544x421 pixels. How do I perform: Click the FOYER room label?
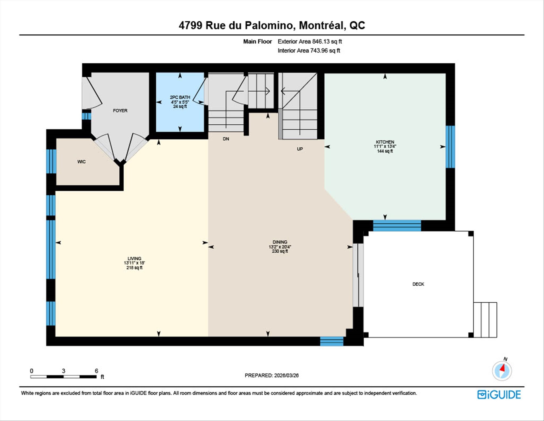[x=120, y=110]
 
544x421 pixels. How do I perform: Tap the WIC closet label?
[x=81, y=162]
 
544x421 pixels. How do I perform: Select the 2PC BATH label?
[x=180, y=97]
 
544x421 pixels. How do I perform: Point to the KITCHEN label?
[x=385, y=142]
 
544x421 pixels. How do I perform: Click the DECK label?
[x=418, y=284]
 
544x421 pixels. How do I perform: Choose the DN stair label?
[x=226, y=139]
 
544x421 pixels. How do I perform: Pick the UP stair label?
[x=300, y=149]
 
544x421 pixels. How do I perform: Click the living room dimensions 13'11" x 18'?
[x=134, y=263]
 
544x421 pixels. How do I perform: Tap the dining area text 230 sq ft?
[x=280, y=251]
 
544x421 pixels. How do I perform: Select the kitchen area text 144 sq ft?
[x=385, y=151]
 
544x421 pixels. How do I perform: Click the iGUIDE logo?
[x=499, y=395]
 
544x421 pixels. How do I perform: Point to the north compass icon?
[x=502, y=370]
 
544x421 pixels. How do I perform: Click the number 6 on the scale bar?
[x=96, y=371]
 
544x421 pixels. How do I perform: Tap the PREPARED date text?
[x=272, y=375]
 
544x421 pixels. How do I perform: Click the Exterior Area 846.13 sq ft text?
[x=310, y=41]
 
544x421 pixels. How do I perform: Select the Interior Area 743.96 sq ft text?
[x=309, y=51]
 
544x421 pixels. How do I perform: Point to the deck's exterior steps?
[x=485, y=320]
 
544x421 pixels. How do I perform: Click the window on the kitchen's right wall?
[x=450, y=147]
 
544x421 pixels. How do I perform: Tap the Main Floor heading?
[x=258, y=41]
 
